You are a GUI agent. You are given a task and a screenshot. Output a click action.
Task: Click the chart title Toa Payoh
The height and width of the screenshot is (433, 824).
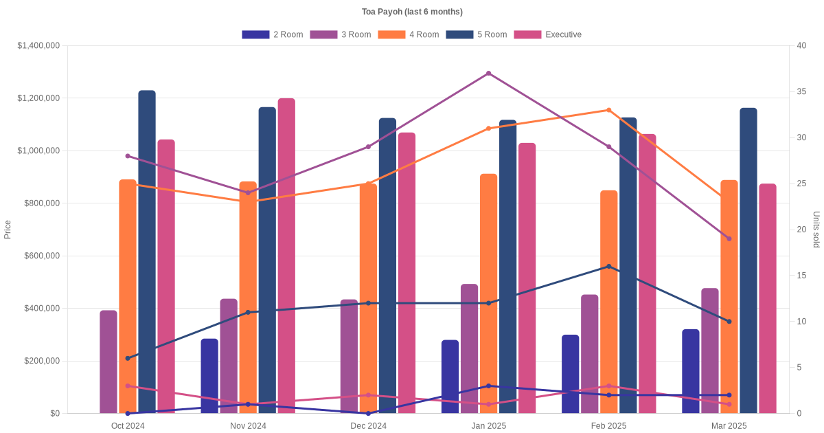click(412, 12)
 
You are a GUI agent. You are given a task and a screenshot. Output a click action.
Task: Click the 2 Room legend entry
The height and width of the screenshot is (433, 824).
click(272, 34)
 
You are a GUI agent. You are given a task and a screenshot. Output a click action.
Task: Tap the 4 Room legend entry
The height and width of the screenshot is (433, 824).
click(408, 34)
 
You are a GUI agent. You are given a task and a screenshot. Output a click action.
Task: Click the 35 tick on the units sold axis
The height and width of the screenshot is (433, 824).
click(801, 91)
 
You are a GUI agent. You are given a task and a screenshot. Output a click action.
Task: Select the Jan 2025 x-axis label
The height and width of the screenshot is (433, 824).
click(488, 426)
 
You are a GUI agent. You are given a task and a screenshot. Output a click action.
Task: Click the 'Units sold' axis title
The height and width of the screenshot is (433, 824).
click(816, 230)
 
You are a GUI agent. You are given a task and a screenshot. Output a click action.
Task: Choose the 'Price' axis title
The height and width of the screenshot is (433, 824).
click(8, 230)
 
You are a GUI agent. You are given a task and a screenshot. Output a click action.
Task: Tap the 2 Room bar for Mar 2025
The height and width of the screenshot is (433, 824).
click(691, 371)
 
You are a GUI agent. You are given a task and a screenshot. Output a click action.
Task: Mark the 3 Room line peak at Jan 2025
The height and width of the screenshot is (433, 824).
click(488, 74)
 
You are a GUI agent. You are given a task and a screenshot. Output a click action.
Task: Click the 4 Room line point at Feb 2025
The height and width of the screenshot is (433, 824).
click(608, 110)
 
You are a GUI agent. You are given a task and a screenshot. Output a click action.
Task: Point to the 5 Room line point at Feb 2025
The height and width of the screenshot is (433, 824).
click(608, 267)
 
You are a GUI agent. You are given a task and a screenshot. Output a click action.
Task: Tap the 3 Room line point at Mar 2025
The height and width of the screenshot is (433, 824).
click(729, 238)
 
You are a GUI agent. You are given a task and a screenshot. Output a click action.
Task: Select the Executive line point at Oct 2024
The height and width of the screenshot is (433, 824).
click(128, 386)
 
